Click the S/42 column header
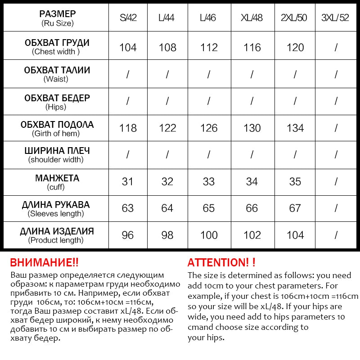tap(128, 18)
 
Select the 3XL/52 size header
tap(335, 18)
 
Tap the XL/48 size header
tap(252, 18)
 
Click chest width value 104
tap(128, 47)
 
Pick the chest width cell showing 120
tap(295, 47)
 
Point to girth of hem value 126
tap(209, 128)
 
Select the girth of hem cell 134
tap(295, 128)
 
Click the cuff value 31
tap(128, 182)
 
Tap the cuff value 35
tap(295, 182)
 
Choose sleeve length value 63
tap(128, 208)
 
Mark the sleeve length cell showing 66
tap(252, 208)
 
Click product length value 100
tap(209, 235)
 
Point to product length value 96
tap(128, 235)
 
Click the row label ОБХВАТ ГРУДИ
tap(57, 43)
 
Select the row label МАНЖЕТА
tap(57, 178)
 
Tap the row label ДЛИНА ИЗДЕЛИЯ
tap(57, 232)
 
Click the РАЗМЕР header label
tap(57, 14)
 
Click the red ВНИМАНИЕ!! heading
tap(44, 262)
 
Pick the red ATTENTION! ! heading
tap(221, 262)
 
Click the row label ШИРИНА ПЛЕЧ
tap(57, 151)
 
